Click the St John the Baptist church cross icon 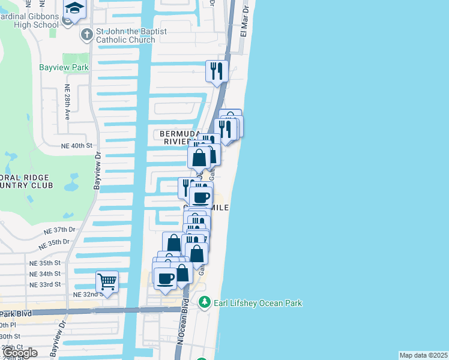(x=86, y=34)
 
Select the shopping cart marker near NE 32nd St (x=107, y=281)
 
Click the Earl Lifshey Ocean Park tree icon (x=205, y=302)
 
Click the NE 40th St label (x=77, y=146)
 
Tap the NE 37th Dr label (x=59, y=230)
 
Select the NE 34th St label (x=46, y=274)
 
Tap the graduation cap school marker (x=75, y=8)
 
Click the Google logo (x=20, y=353)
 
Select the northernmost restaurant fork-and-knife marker (x=215, y=71)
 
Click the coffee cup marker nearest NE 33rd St (x=165, y=278)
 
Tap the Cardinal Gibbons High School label (x=30, y=20)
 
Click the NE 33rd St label (x=46, y=284)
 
